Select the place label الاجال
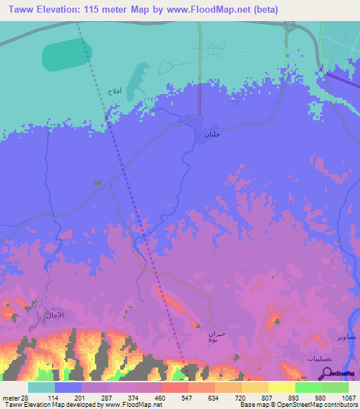pyautogui.click(x=54, y=315)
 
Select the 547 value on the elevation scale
pyautogui.click(x=176, y=398)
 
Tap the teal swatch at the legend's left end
pyautogui.click(x=41, y=387)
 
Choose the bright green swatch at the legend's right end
pyautogui.click(x=335, y=387)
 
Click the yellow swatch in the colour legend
pyautogui.click(x=282, y=387)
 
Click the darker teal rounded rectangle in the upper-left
pyautogui.click(x=67, y=55)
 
